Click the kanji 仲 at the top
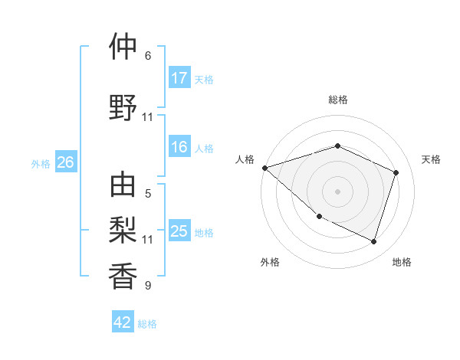coord(123,47)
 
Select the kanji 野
coord(123,106)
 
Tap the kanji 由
coord(123,185)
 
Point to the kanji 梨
coord(123,229)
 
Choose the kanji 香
coord(123,275)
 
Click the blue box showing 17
coord(179,78)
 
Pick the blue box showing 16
coord(179,148)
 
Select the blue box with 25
coord(179,231)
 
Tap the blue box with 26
coord(65,162)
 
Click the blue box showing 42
coord(123,322)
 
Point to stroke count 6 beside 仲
coord(148,56)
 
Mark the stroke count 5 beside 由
coord(148,195)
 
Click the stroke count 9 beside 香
coord(148,286)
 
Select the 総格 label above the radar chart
coord(338,100)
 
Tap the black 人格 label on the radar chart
coord(245,159)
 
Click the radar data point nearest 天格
coord(396,172)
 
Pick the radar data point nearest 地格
coord(373,241)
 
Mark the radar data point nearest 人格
coord(264,167)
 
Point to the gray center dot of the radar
coord(337,191)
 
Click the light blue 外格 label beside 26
coord(41,163)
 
